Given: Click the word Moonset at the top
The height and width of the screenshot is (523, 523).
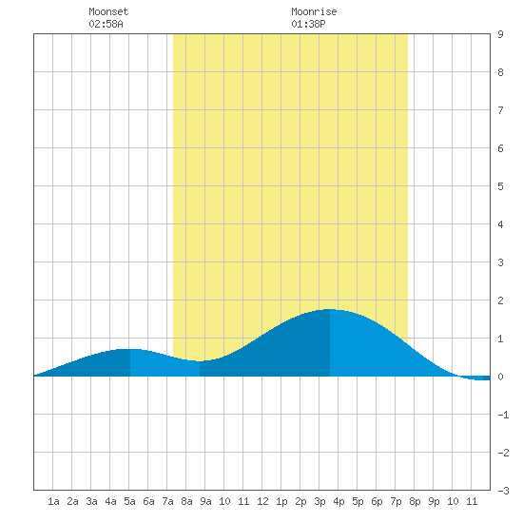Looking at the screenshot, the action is (x=108, y=11).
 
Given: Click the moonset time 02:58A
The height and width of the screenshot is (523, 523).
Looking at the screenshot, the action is (x=106, y=24).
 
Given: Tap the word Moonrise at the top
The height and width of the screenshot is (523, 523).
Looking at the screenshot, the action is (x=314, y=11).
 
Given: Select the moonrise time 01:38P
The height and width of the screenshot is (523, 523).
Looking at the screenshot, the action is (x=308, y=24).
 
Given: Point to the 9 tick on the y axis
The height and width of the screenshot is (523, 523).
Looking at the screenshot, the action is (x=500, y=34).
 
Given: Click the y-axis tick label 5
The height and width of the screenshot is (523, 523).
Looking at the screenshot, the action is (x=500, y=186).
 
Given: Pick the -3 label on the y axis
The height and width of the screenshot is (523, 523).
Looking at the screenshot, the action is (x=503, y=491).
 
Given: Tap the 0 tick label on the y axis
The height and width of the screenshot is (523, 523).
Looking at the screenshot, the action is (x=500, y=377).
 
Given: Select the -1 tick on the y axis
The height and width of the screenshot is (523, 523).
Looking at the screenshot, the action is (x=503, y=415).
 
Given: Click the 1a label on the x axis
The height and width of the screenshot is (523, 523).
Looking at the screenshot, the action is (x=53, y=501).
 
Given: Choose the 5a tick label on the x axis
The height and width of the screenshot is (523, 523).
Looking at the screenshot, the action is (x=129, y=501).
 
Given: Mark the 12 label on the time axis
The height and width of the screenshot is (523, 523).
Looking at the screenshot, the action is (x=262, y=501).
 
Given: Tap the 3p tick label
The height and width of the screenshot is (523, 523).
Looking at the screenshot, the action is (x=320, y=501).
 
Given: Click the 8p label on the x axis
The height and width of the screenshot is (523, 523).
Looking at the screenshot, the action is (x=415, y=501).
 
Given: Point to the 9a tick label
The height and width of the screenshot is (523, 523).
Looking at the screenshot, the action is (x=205, y=501).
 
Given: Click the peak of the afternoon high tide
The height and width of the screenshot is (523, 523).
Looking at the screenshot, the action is (x=330, y=310).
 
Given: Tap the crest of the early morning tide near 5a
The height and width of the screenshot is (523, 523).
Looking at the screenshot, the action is (x=129, y=349).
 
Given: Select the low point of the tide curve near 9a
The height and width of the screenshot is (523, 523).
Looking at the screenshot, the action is (x=200, y=361).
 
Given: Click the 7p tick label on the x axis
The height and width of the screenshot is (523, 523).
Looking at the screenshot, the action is (x=396, y=501).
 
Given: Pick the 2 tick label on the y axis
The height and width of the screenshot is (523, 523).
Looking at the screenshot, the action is (x=500, y=300).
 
